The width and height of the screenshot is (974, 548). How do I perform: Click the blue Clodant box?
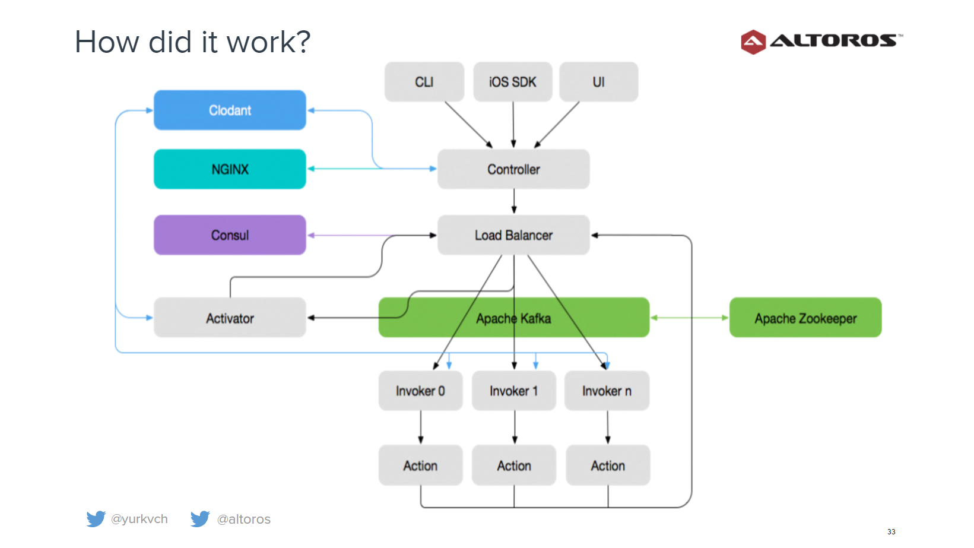pyautogui.click(x=230, y=110)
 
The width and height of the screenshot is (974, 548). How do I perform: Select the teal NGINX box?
pyautogui.click(x=230, y=169)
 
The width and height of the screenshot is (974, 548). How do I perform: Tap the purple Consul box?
pyautogui.click(x=230, y=235)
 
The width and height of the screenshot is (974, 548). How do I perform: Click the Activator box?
pyautogui.click(x=230, y=318)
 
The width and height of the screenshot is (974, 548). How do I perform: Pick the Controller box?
pyautogui.click(x=513, y=169)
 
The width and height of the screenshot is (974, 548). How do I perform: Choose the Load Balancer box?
pyautogui.click(x=513, y=235)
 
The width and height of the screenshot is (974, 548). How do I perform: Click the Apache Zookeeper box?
pyautogui.click(x=805, y=318)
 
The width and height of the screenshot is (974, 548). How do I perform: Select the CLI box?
pyautogui.click(x=424, y=82)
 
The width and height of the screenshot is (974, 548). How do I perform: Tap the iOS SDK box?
pyautogui.click(x=513, y=82)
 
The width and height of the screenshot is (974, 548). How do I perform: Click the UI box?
pyautogui.click(x=599, y=82)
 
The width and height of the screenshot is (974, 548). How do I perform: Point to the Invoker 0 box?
pyautogui.click(x=420, y=391)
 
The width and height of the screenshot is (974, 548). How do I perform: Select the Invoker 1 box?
pyautogui.click(x=514, y=391)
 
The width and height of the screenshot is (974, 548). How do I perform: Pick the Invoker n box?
pyautogui.click(x=607, y=391)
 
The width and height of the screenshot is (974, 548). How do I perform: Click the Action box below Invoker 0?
pyautogui.click(x=420, y=465)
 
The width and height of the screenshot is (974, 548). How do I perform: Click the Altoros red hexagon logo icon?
pyautogui.click(x=753, y=42)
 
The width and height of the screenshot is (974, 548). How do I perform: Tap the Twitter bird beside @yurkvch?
pyautogui.click(x=96, y=518)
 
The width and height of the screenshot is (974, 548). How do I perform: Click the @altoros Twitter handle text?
pyautogui.click(x=243, y=519)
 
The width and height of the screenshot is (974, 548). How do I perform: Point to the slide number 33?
pyautogui.click(x=891, y=531)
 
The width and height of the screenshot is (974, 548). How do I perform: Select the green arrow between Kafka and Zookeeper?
pyautogui.click(x=690, y=318)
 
